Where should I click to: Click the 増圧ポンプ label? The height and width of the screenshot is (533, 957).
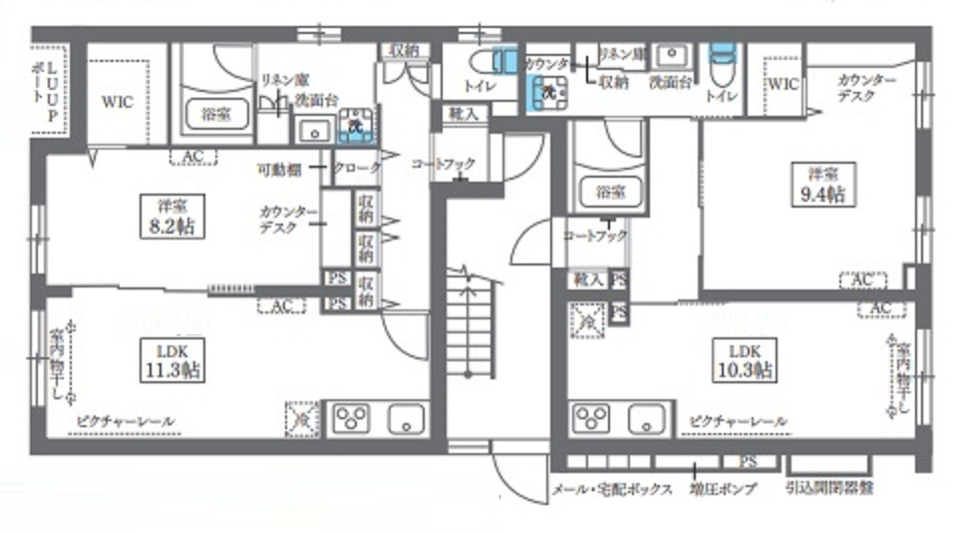723,489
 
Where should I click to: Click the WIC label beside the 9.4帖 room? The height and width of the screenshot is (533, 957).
785,85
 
